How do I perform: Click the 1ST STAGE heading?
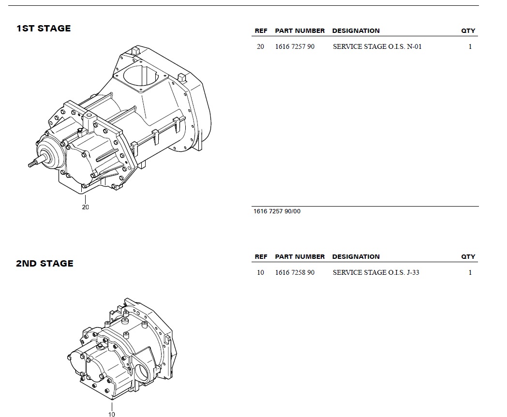click(44, 29)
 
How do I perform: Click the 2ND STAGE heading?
click(45, 264)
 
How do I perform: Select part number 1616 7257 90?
click(295, 46)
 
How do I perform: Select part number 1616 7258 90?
click(295, 272)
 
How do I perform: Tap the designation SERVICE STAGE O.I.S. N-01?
click(377, 46)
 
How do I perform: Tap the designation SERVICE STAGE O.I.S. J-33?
click(376, 272)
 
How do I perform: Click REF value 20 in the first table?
click(260, 46)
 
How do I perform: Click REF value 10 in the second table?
click(260, 272)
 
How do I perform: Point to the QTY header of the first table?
click(468, 30)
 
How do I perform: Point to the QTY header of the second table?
click(468, 257)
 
